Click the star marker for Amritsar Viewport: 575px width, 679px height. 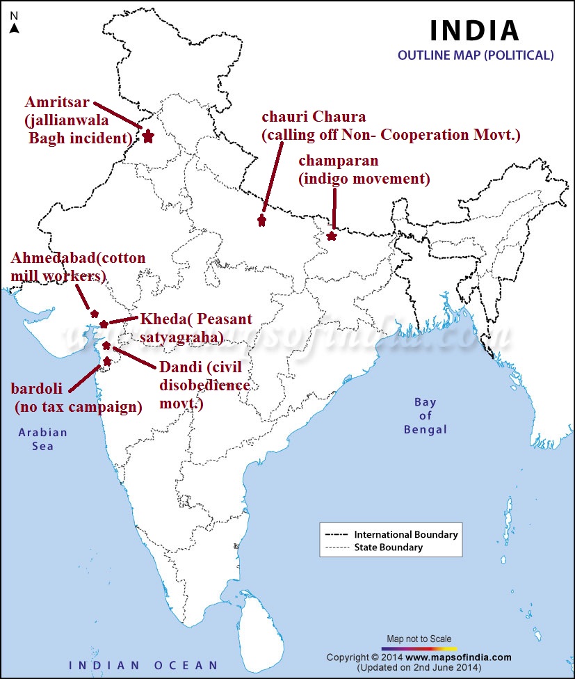[x=147, y=136]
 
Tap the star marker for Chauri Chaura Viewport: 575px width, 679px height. [x=261, y=221]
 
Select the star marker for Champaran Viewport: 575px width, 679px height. [x=332, y=236]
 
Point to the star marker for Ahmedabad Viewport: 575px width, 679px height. [x=95, y=314]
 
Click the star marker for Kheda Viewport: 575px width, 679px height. [x=104, y=324]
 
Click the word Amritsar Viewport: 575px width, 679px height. [x=58, y=103]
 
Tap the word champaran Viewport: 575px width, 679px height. [x=338, y=161]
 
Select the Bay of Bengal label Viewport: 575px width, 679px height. [x=426, y=415]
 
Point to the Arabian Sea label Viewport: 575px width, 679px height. [x=43, y=439]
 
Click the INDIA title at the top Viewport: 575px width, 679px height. [x=474, y=30]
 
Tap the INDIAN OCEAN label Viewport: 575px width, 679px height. [x=143, y=665]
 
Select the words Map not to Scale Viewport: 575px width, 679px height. [x=419, y=639]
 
